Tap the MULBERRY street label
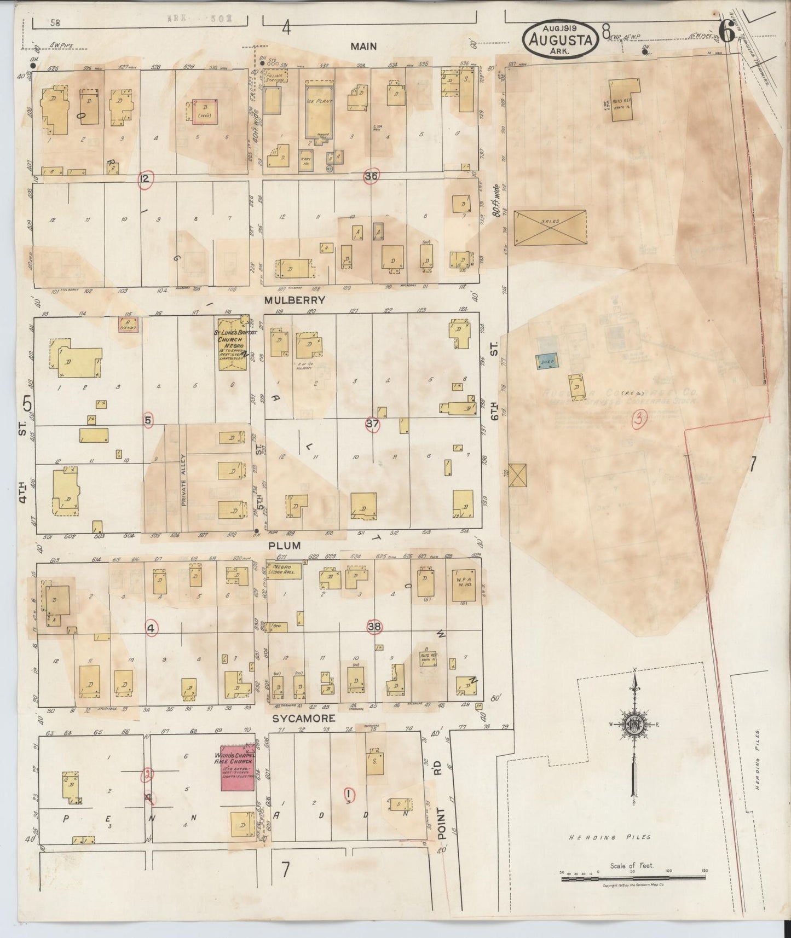pos(295,300)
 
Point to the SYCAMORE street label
pos(304,718)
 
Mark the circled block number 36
pos(372,176)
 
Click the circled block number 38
pos(374,627)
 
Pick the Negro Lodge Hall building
pos(284,569)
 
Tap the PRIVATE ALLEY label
pos(184,479)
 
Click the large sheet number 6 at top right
pos(726,33)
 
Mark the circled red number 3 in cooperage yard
pos(639,419)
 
